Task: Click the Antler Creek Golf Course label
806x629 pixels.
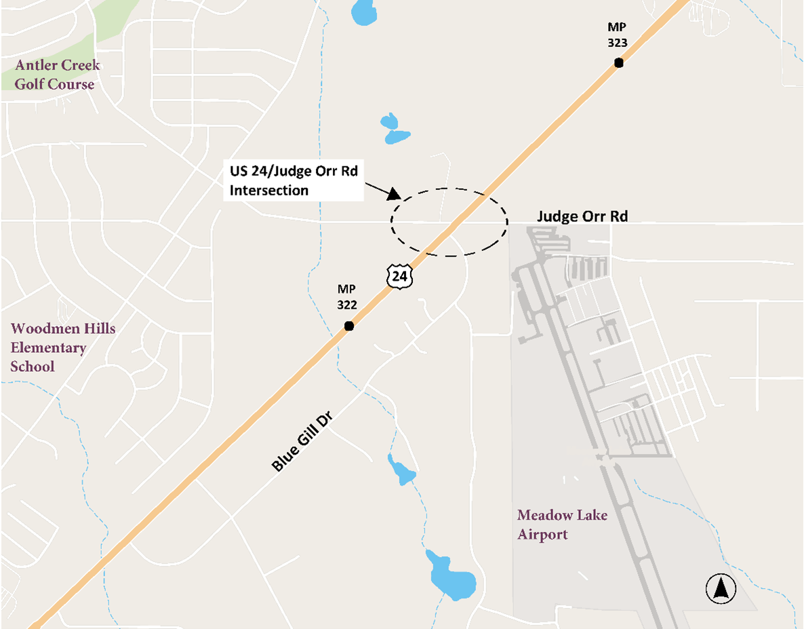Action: pyautogui.click(x=57, y=75)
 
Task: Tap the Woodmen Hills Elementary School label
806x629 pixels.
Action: pyautogui.click(x=62, y=347)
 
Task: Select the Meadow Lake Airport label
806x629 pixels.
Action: pyautogui.click(x=562, y=525)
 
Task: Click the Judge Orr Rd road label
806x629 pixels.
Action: pyautogui.click(x=582, y=216)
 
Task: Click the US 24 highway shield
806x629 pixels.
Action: pyautogui.click(x=399, y=275)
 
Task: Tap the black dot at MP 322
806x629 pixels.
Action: pyautogui.click(x=349, y=326)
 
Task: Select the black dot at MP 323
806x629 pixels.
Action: pyautogui.click(x=618, y=62)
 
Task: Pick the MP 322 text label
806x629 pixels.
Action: pyautogui.click(x=347, y=297)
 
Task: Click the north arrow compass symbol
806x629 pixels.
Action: pyautogui.click(x=721, y=588)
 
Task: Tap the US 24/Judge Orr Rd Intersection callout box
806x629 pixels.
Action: pyautogui.click(x=293, y=180)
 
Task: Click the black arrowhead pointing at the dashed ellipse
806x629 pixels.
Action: pyautogui.click(x=394, y=194)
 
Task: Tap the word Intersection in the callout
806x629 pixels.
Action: pyautogui.click(x=268, y=191)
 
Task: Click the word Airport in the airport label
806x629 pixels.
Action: pyautogui.click(x=542, y=535)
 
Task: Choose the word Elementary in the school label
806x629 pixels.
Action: pyautogui.click(x=47, y=348)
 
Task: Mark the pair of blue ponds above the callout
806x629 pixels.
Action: pyautogui.click(x=394, y=129)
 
